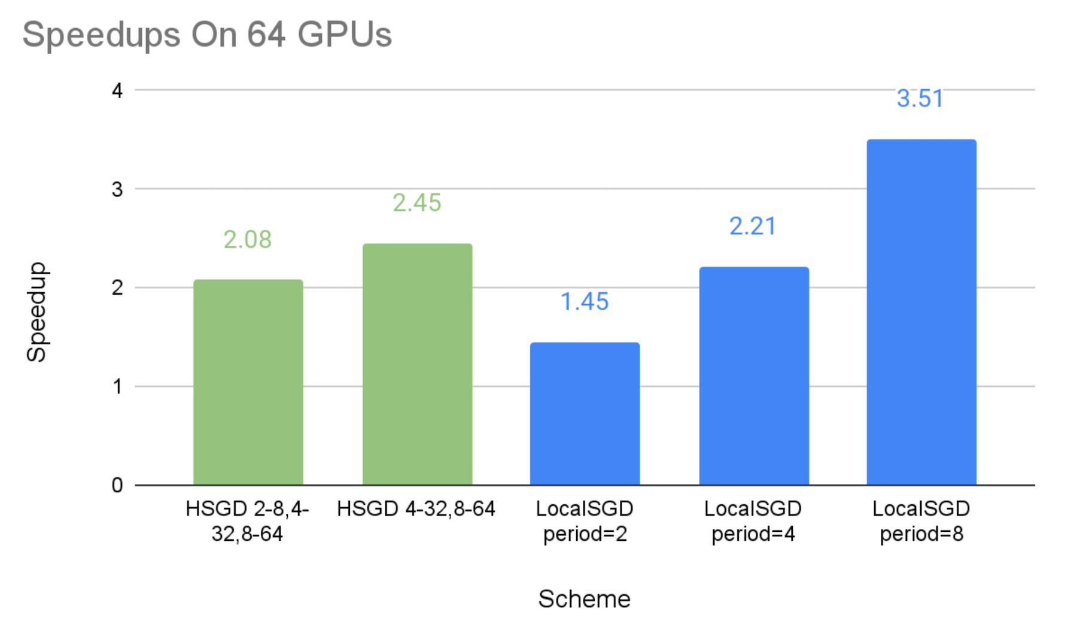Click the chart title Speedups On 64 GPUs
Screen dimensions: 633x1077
[207, 34]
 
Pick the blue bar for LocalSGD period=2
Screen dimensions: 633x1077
[585, 413]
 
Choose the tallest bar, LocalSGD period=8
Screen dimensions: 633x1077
[921, 312]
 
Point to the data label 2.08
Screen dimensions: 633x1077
[248, 240]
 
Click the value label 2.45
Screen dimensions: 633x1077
[417, 203]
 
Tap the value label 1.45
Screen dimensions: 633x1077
[585, 302]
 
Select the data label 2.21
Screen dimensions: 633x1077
[753, 226]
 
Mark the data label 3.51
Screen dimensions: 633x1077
[920, 99]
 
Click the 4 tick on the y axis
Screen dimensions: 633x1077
[117, 90]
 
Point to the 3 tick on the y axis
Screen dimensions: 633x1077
[117, 189]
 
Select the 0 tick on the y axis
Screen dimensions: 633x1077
[117, 485]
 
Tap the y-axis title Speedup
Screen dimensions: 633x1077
[37, 312]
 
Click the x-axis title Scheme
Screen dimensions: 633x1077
[584, 599]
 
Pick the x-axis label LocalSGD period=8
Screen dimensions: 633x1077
[921, 521]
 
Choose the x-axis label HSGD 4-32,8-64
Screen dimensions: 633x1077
[416, 509]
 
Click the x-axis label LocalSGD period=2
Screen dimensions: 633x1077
[585, 521]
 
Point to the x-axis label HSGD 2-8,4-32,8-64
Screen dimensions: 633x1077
[247, 521]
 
